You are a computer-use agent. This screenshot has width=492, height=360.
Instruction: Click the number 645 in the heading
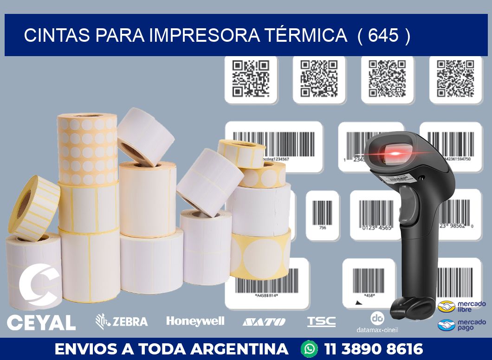(383, 35)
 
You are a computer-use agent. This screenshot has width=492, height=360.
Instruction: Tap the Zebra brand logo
(122, 321)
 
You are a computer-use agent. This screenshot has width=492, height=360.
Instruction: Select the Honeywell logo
(195, 321)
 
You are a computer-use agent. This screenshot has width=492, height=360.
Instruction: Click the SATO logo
(264, 321)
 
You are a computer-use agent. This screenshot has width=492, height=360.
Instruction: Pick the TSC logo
(321, 321)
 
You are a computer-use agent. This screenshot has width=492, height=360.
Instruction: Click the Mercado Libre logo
(461, 307)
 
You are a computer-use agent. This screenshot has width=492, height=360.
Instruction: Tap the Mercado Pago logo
(461, 325)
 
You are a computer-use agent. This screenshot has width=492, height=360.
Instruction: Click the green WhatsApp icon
(309, 348)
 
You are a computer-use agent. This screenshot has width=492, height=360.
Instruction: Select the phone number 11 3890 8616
(374, 349)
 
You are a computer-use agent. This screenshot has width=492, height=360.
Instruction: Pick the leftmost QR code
(251, 79)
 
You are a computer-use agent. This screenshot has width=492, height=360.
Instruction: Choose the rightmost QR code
(455, 79)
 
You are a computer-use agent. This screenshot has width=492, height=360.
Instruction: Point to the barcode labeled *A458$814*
(266, 281)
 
